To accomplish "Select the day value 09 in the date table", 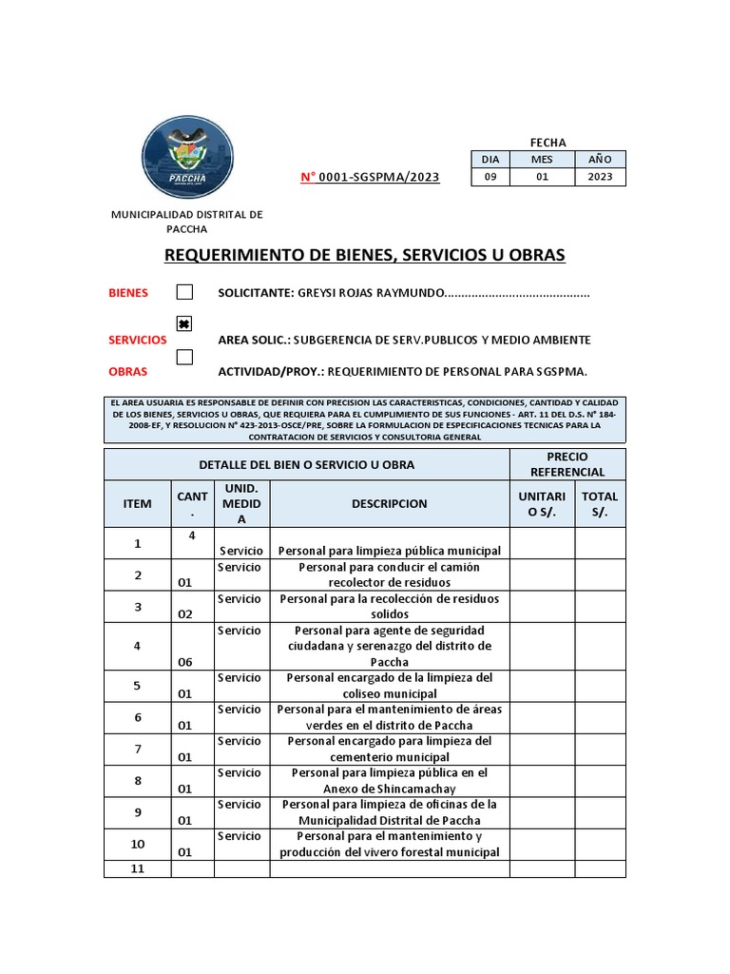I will [x=490, y=177].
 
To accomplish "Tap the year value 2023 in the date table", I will [x=600, y=177].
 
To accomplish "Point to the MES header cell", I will [x=542, y=159].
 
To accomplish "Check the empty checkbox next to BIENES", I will [x=184, y=292].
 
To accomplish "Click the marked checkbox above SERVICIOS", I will [x=184, y=323].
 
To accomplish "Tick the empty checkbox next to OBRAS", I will [x=184, y=357].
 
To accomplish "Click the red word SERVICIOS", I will [x=138, y=340].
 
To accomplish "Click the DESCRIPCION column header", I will [x=389, y=504].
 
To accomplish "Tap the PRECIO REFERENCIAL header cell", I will [x=567, y=464].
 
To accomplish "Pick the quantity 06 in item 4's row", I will [x=185, y=662].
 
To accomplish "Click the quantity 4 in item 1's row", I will [x=192, y=536].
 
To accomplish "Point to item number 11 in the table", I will [x=137, y=868].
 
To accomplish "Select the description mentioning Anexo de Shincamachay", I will [x=389, y=781].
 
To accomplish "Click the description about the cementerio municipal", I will [x=389, y=750].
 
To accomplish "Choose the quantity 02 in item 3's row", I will [x=185, y=614].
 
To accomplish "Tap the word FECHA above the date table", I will [x=548, y=143].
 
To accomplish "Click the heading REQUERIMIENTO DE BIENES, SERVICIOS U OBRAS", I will [x=365, y=255].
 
